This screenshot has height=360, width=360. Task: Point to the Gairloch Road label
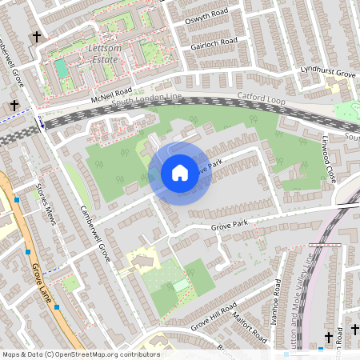pyautogui.click(x=214, y=44)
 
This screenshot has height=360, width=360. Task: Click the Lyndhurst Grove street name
pyautogui.click(x=327, y=74)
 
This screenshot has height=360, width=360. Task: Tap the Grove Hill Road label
pyautogui.click(x=213, y=318)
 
